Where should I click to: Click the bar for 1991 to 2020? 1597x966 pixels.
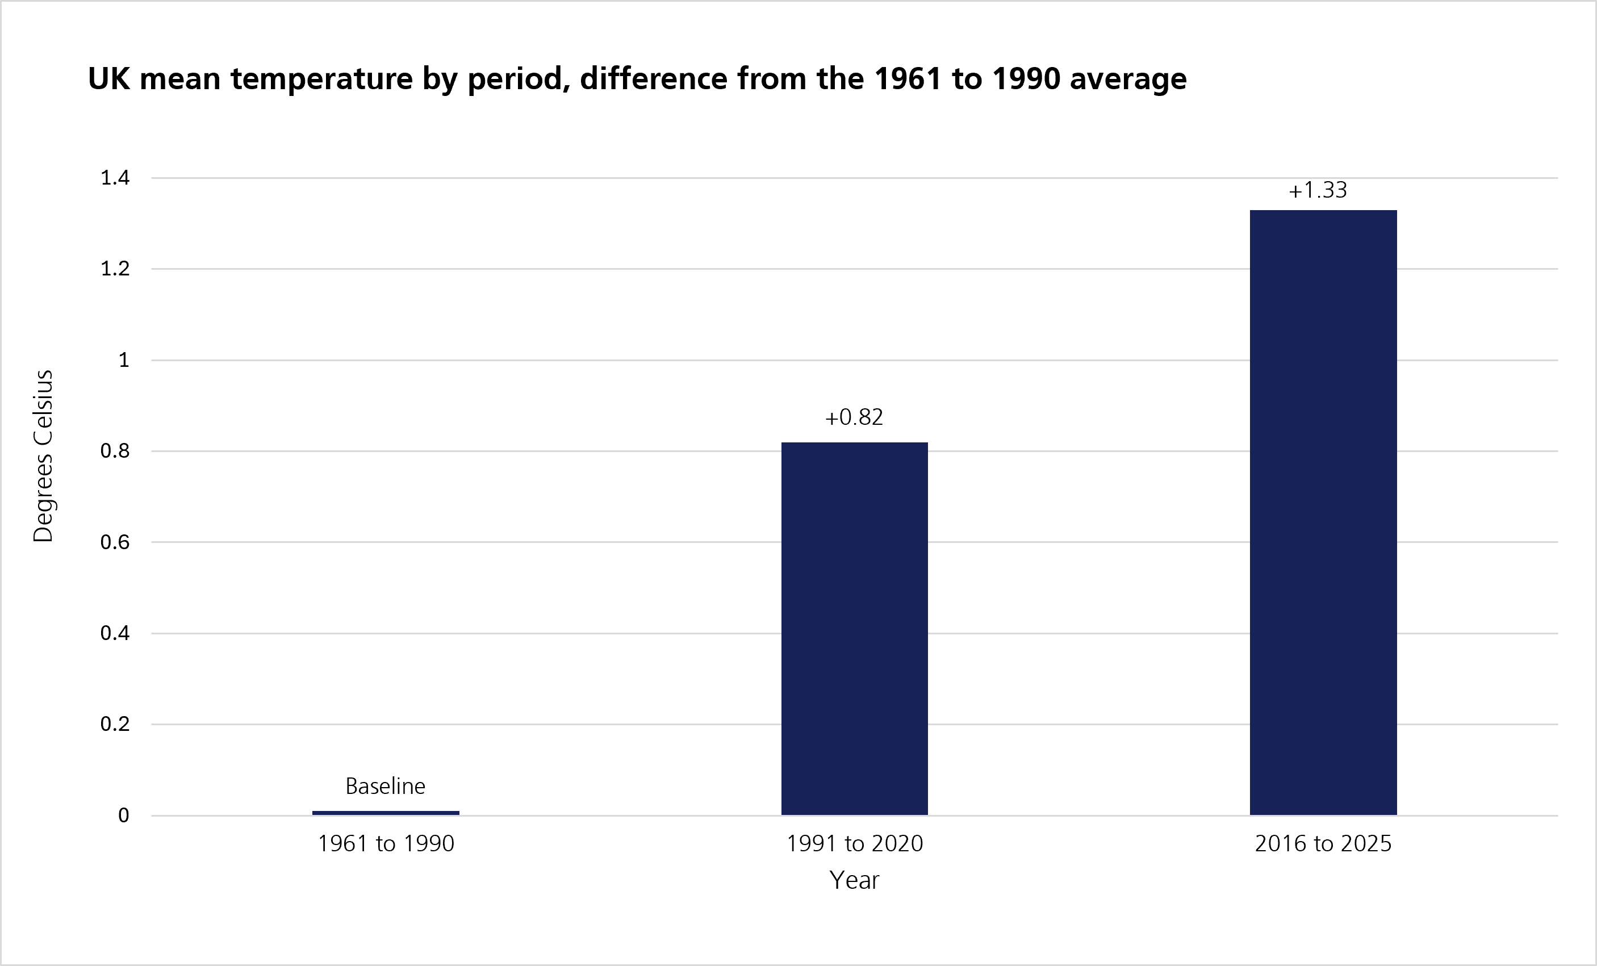(854, 628)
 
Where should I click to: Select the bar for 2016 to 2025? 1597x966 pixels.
(1323, 512)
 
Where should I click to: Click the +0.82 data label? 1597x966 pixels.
(854, 417)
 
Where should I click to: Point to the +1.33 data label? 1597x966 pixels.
(1318, 190)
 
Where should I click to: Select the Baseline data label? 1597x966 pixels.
(386, 786)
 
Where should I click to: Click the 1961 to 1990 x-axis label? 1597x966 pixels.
(386, 843)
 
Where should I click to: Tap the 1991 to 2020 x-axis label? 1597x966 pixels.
(854, 843)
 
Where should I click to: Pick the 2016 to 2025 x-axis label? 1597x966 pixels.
(1323, 843)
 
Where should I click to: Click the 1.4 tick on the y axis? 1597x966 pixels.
(115, 178)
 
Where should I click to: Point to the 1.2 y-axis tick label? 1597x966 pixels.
(115, 269)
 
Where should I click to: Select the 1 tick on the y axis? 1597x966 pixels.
(124, 360)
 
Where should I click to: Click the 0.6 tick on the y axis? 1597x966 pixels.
(115, 542)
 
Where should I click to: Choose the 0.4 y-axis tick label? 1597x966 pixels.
(115, 633)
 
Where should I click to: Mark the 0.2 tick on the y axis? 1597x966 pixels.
(115, 724)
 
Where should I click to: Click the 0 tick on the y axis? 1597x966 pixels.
(124, 815)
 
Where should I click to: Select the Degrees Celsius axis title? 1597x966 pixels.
(43, 457)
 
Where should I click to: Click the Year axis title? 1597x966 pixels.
(854, 880)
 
